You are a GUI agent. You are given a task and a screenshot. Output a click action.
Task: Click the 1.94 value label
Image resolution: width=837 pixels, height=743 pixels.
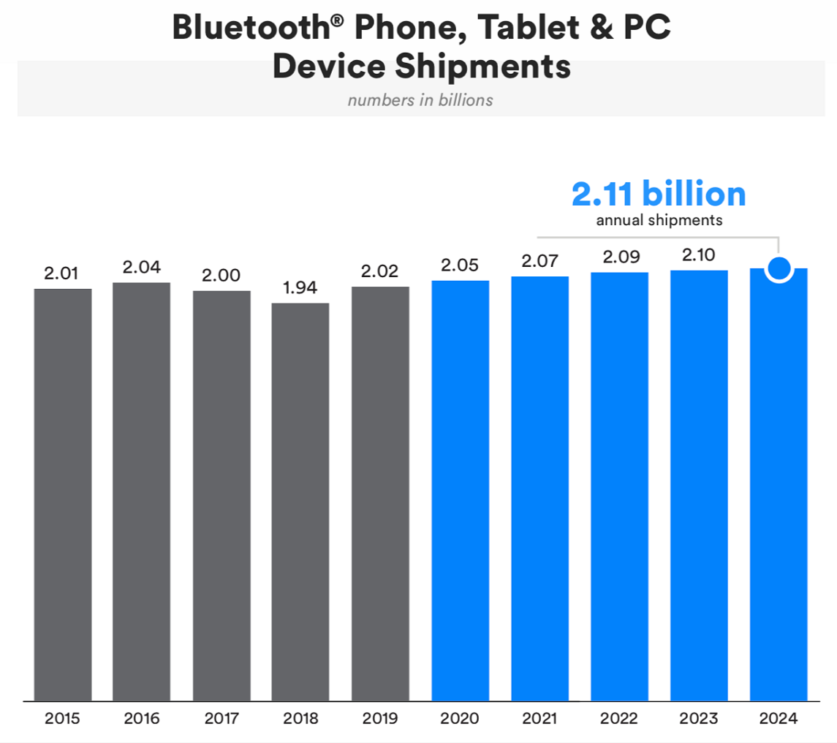coord(300,287)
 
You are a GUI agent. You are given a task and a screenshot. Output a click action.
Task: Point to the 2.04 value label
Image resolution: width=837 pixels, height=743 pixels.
coord(141,267)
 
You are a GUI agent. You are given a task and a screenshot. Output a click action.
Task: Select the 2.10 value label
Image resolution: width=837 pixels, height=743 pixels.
coord(699,255)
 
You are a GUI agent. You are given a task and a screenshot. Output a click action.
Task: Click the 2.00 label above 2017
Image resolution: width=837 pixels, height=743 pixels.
coord(221,276)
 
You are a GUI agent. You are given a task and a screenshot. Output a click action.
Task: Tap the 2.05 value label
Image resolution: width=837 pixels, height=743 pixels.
coord(460,265)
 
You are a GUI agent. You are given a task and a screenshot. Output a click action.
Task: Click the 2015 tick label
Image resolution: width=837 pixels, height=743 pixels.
coord(62,719)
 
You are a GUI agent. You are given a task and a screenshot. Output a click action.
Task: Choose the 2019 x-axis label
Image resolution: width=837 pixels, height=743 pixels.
coord(380,719)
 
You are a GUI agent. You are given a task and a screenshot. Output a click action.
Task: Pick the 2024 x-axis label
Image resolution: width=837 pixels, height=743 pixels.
coord(779,719)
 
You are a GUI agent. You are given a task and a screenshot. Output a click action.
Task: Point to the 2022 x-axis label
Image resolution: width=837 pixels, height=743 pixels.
coord(620,719)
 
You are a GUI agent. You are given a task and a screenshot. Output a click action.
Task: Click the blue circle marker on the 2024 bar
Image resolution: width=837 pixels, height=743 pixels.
coord(779,269)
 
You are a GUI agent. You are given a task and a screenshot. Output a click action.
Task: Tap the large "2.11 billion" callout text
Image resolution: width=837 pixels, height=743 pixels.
coord(659,194)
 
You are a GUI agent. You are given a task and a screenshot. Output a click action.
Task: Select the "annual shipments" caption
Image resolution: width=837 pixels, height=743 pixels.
coord(659,220)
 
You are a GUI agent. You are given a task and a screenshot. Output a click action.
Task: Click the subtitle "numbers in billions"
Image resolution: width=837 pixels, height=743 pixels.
coord(420,100)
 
